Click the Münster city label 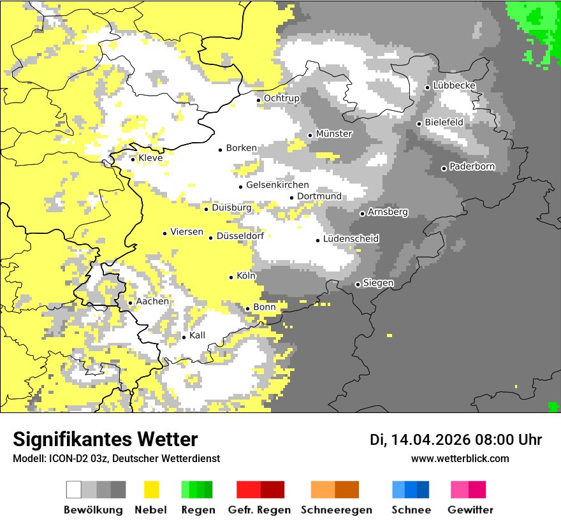[x=334, y=134]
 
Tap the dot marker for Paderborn [x=444, y=168]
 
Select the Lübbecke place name [x=454, y=85]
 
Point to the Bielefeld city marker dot [x=419, y=124]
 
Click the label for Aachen [x=152, y=301]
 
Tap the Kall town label [x=197, y=335]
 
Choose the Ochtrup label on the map [x=281, y=98]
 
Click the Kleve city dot [x=133, y=159]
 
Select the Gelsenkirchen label [x=277, y=185]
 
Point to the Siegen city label [x=378, y=283]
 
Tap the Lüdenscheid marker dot [x=318, y=240]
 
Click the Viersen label [x=187, y=232]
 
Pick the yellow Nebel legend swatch [x=152, y=489]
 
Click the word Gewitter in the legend [x=470, y=510]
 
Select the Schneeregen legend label [x=337, y=510]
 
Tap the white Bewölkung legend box [x=74, y=489]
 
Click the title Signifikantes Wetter [x=105, y=439]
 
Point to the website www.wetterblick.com [x=460, y=458]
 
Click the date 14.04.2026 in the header [x=430, y=440]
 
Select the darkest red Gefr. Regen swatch [x=273, y=489]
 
